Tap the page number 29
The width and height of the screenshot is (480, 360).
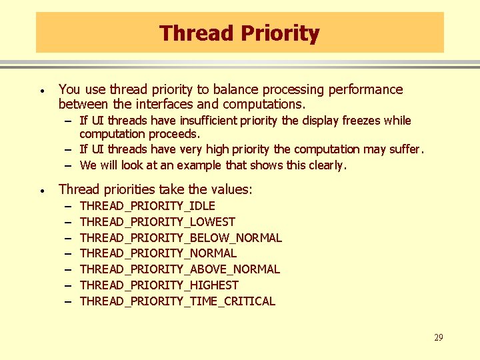tap(438, 338)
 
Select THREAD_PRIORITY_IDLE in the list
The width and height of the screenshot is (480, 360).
tap(147, 206)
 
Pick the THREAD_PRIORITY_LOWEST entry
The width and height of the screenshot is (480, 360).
tap(157, 222)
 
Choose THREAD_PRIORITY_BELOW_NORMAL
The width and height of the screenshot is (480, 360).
tap(181, 238)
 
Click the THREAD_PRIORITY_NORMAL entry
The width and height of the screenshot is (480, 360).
tap(158, 253)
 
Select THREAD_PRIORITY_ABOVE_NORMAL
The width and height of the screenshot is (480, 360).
tap(179, 269)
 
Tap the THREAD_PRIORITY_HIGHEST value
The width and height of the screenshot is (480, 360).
tap(159, 285)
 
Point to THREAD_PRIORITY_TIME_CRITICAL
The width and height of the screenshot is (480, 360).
tap(177, 301)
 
